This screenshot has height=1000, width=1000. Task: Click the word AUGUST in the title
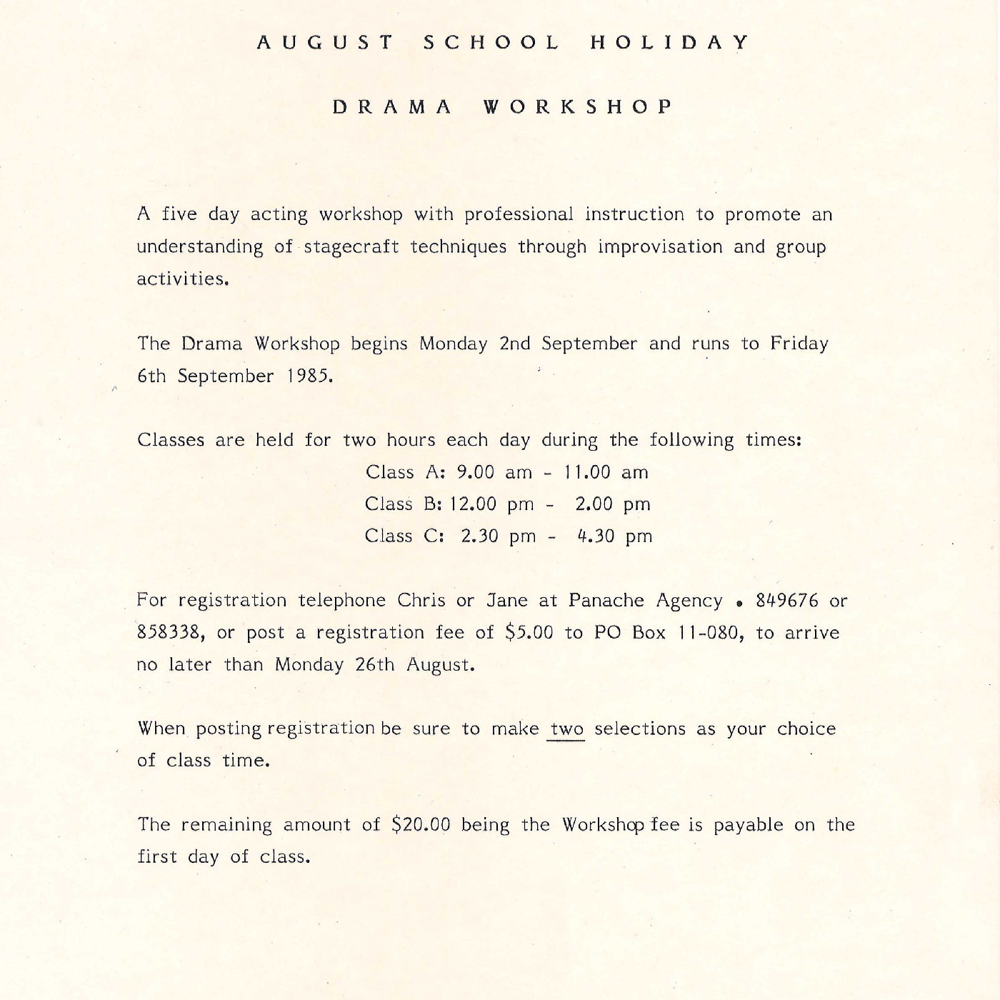pyautogui.click(x=324, y=42)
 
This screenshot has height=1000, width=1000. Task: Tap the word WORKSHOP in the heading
pyautogui.click(x=578, y=107)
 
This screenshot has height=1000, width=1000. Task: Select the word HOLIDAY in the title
pyautogui.click(x=669, y=42)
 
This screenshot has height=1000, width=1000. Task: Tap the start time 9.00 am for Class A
pyautogui.click(x=494, y=472)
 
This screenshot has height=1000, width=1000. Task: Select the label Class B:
pyautogui.click(x=403, y=504)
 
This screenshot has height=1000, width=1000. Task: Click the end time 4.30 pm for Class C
pyautogui.click(x=614, y=536)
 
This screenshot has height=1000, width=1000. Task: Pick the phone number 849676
pyautogui.click(x=787, y=601)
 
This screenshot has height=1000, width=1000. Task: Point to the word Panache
pyautogui.click(x=606, y=601)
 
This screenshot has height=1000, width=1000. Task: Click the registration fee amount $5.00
pyautogui.click(x=529, y=633)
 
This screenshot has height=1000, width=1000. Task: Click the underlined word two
pyautogui.click(x=566, y=729)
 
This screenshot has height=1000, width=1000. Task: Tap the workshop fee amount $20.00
pyautogui.click(x=421, y=825)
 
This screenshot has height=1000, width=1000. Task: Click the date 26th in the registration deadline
pyautogui.click(x=374, y=665)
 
